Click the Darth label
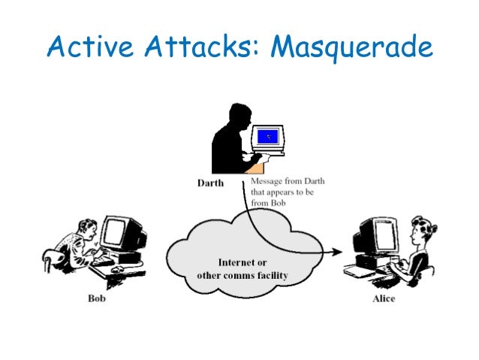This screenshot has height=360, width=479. [x=209, y=183]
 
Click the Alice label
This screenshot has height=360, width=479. [x=384, y=298]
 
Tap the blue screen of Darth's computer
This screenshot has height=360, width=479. [x=268, y=137]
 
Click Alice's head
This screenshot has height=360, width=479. [x=420, y=229]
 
